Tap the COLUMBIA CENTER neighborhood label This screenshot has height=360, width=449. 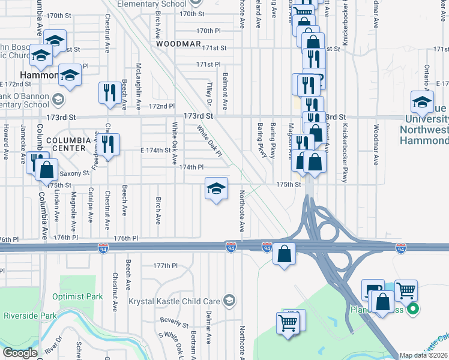point(68,143)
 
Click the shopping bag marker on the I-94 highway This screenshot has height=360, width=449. point(284,253)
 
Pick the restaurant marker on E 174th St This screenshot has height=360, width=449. point(109,145)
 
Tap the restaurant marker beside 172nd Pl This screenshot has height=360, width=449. point(109,94)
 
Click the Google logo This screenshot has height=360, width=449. point(20,353)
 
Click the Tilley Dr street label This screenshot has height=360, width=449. point(211,94)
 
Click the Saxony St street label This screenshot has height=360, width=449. point(74,173)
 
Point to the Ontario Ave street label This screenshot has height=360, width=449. point(427,76)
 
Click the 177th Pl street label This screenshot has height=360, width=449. point(166,265)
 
